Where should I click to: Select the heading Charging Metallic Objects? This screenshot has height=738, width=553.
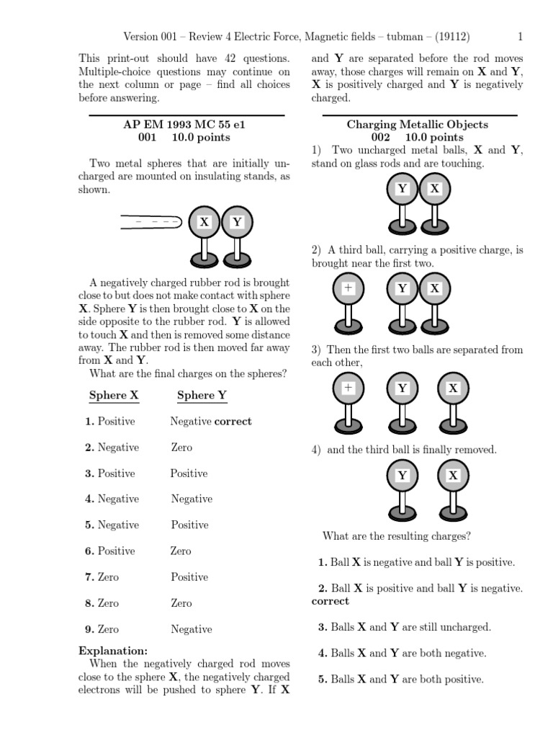[418, 124]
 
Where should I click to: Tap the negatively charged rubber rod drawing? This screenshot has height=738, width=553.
[150, 222]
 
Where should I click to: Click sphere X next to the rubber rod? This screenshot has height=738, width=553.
[204, 222]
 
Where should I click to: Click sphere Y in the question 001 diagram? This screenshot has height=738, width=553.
[237, 222]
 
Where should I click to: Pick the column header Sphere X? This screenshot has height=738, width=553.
[114, 395]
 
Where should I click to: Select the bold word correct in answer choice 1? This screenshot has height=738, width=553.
[233, 421]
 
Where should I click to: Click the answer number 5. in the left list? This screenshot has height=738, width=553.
[90, 525]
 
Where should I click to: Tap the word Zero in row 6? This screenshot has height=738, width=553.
[181, 551]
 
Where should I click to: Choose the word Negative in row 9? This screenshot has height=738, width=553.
[191, 629]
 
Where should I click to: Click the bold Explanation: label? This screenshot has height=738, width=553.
[113, 650]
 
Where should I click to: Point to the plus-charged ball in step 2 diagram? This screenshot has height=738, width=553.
[349, 288]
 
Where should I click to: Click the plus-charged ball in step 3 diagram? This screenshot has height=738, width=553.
[349, 388]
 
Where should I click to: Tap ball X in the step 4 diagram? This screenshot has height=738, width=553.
[453, 476]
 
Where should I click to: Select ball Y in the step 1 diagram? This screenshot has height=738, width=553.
[403, 190]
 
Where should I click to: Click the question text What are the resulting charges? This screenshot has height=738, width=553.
[397, 536]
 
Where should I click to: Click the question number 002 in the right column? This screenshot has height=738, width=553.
[380, 137]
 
